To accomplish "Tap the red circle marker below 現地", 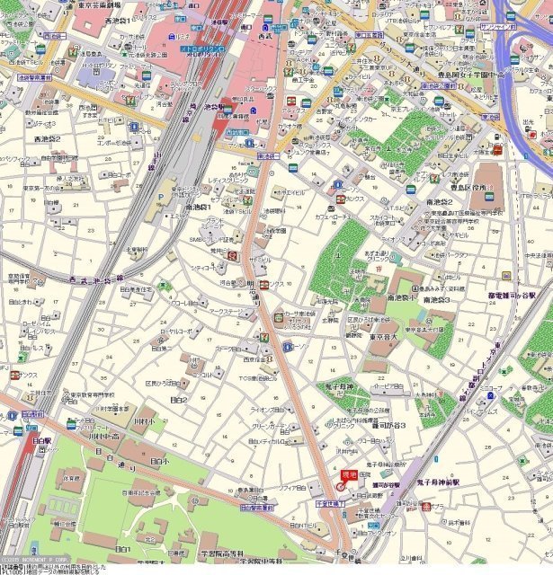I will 340,486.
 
